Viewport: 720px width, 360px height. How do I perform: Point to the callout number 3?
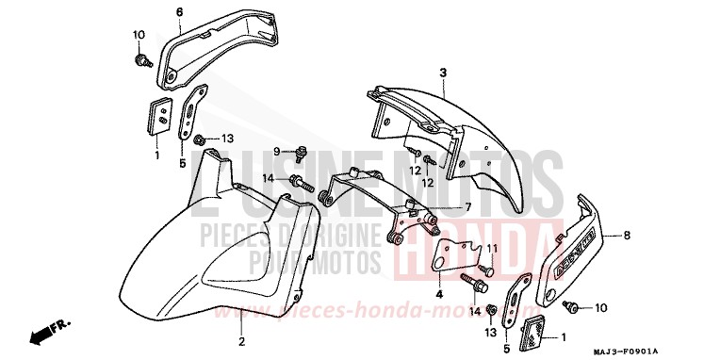tap(442, 73)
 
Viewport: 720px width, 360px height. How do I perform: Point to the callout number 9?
tap(277, 151)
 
